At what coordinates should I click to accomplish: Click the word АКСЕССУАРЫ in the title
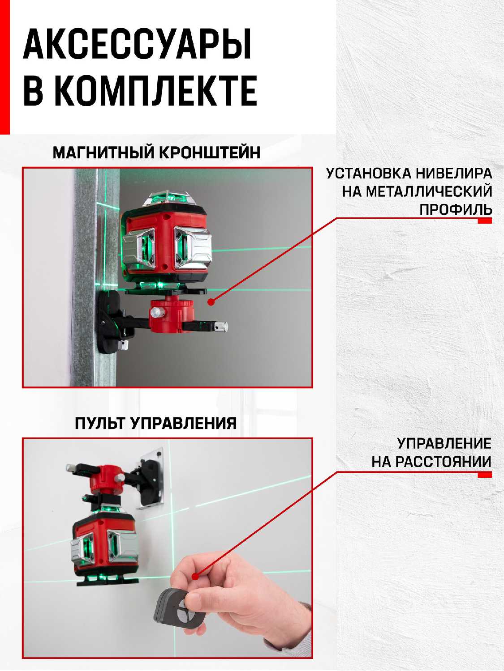click(x=138, y=43)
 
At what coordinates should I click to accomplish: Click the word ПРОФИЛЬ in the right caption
click(x=456, y=210)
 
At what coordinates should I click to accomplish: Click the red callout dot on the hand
click(x=195, y=576)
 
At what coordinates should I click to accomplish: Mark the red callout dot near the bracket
click(x=211, y=302)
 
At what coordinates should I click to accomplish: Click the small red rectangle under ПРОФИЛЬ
click(x=485, y=221)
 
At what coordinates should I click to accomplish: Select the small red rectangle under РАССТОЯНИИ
click(x=485, y=475)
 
